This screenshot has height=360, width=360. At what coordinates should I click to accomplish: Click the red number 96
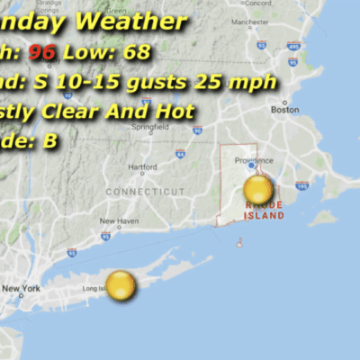coord(41,52)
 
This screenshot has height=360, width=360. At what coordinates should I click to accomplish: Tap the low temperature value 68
coord(137,52)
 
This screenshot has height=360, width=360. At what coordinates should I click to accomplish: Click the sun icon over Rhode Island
coord(258,190)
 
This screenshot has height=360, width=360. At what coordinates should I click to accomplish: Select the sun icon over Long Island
coord(121,285)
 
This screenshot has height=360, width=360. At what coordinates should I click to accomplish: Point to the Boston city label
coord(284,109)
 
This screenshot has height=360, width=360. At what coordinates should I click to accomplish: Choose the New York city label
coord(22,288)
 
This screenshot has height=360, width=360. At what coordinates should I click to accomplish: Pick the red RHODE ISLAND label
coord(264,211)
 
